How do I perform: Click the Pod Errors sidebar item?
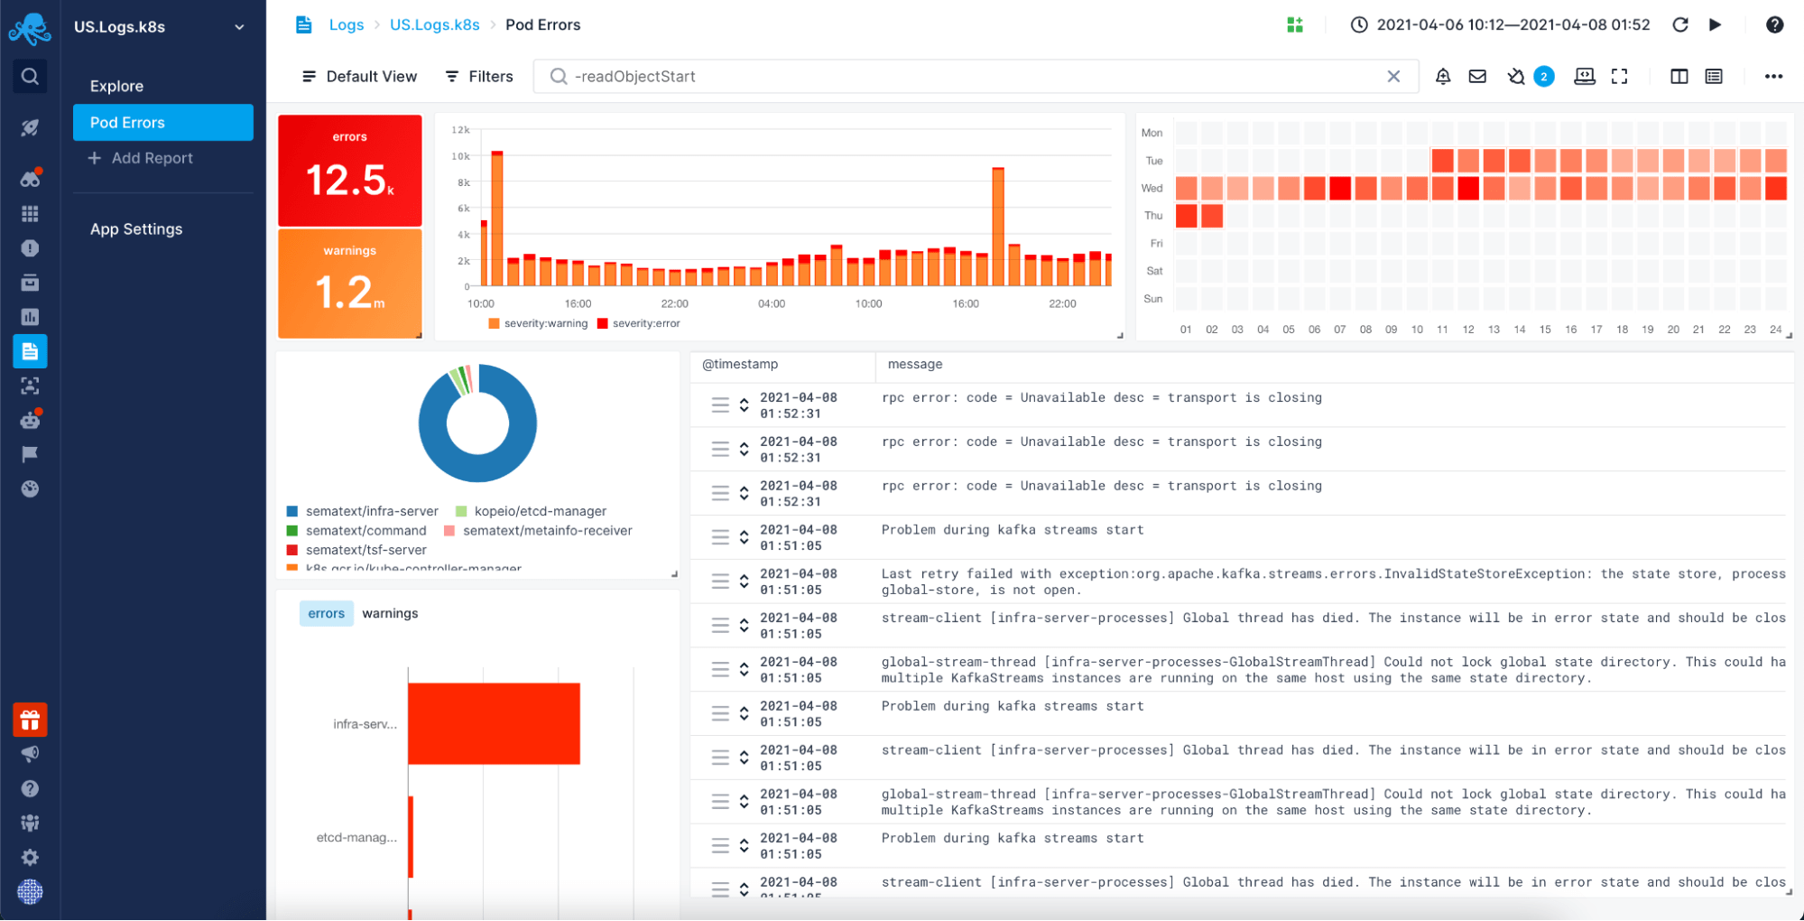(x=162, y=122)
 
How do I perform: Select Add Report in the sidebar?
(x=151, y=158)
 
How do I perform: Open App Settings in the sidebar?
(x=135, y=229)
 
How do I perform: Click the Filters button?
(x=479, y=77)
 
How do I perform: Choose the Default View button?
(x=359, y=77)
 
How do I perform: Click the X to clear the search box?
(x=1393, y=77)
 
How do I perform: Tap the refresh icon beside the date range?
(x=1679, y=25)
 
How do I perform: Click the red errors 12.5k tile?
(x=349, y=170)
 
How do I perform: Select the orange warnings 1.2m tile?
(x=349, y=283)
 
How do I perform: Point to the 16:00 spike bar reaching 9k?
(x=997, y=226)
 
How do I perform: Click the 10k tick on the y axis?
(x=460, y=156)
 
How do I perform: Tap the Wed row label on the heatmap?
(x=1152, y=189)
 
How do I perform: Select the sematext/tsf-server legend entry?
(x=365, y=550)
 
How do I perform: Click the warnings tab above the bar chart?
(x=390, y=613)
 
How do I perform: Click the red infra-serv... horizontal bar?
(x=494, y=723)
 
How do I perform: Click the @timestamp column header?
(x=740, y=364)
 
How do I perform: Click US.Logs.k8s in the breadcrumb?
(x=434, y=25)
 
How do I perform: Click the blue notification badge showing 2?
(x=1544, y=77)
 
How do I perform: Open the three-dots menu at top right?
(x=1772, y=77)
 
